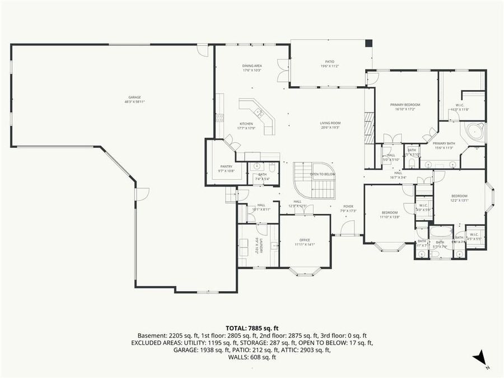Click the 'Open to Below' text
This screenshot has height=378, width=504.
pyautogui.click(x=323, y=174)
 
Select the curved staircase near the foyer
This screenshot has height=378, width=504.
pyautogui.click(x=314, y=181)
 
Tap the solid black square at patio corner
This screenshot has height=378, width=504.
pyautogui.click(x=368, y=43)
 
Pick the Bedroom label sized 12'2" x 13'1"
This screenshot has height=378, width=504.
pyautogui.click(x=459, y=198)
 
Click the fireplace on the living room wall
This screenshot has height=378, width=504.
pyautogui.click(x=368, y=128)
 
